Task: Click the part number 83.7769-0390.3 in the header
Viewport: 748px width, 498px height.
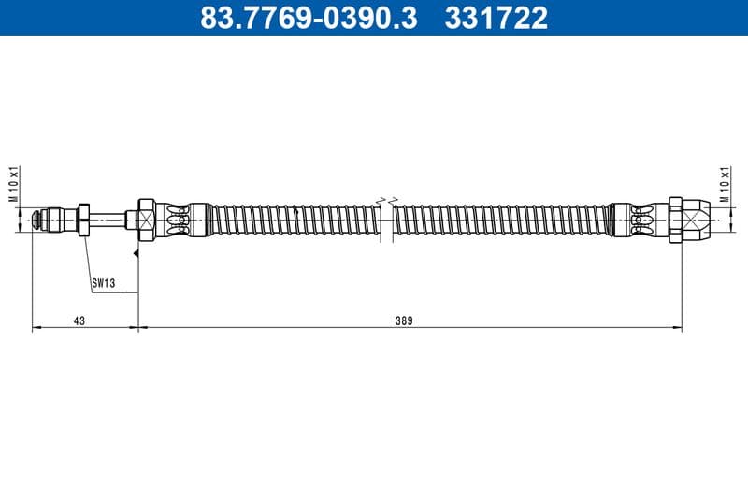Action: point(308,18)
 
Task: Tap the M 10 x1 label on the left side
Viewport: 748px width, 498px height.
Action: point(14,185)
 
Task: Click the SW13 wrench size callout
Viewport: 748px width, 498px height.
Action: point(103,281)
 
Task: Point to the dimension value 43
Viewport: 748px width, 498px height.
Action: point(79,320)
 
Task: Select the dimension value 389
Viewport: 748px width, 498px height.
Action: point(404,320)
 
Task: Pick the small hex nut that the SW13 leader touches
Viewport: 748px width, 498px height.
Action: point(84,220)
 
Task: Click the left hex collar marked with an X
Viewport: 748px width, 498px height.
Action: point(145,220)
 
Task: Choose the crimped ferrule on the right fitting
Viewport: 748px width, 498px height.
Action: point(636,220)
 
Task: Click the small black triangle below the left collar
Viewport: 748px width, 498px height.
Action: point(137,253)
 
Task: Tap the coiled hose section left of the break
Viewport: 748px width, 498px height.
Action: point(290,220)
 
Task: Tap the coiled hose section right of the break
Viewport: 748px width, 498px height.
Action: point(500,220)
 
